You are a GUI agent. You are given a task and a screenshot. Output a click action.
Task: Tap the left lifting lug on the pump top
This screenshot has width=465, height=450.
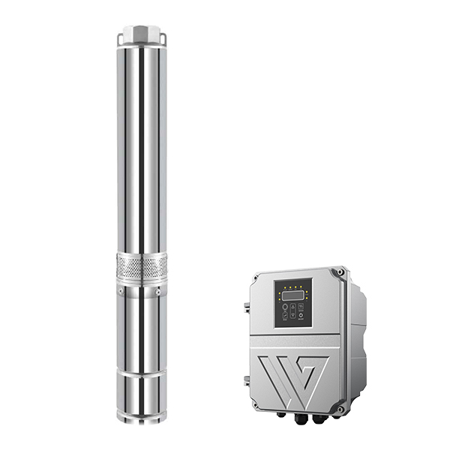[121, 37]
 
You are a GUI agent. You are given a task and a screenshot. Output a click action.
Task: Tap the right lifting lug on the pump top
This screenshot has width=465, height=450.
[160, 37]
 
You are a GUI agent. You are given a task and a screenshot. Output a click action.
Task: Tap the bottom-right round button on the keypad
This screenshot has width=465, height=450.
[301, 318]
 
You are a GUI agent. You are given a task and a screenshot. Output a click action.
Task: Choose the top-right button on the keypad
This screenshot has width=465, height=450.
[301, 307]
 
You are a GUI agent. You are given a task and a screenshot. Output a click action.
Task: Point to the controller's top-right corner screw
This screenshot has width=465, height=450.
[341, 271]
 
